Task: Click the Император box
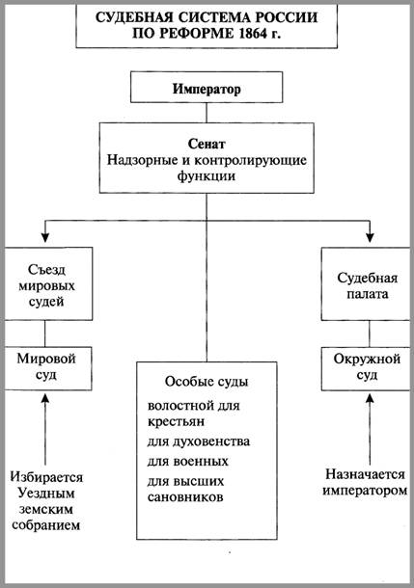207,87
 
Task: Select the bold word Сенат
207,144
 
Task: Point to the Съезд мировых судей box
48,283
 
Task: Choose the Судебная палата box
366,283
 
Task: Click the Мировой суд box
47,368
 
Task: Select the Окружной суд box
366,368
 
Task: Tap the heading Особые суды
207,382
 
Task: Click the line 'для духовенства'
198,441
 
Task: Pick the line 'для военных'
187,462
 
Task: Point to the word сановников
185,497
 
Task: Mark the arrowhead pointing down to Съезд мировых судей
45,237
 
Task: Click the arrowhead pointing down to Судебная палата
370,237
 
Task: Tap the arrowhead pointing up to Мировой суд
45,398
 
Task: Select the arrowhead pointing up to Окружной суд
370,398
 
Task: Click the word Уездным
46,494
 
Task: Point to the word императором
365,491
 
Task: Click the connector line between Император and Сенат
207,113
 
